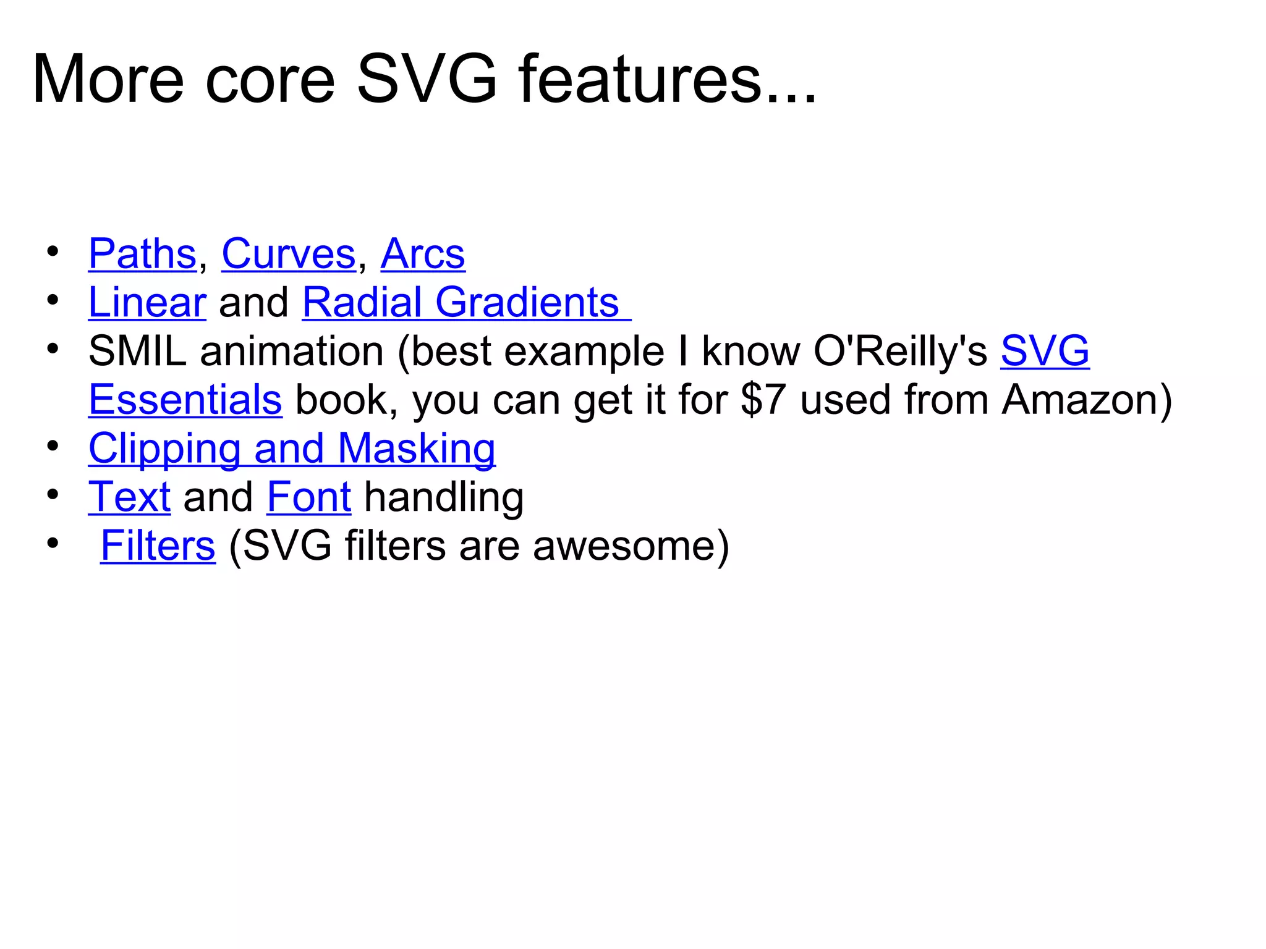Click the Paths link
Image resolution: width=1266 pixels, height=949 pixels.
142,254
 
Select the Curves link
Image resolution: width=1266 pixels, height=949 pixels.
289,254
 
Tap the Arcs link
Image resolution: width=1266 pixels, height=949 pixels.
422,254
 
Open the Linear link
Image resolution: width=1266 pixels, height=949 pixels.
147,303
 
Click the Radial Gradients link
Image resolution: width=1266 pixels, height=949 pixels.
461,303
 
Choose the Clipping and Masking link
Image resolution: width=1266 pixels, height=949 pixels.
292,449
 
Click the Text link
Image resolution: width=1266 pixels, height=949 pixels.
129,497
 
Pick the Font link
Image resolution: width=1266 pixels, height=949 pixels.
309,497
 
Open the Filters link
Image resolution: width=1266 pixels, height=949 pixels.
158,546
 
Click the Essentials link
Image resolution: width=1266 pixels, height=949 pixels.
185,400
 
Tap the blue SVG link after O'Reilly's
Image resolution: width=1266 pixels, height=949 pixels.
1045,352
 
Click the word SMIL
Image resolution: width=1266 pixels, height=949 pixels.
137,352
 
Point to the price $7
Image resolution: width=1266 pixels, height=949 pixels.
763,400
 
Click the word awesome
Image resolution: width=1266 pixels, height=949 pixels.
624,546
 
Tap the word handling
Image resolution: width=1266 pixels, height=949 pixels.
444,497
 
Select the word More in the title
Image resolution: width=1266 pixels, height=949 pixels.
108,80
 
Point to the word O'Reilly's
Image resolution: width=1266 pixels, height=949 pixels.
900,352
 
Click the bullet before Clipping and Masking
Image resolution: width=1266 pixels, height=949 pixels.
53,446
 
